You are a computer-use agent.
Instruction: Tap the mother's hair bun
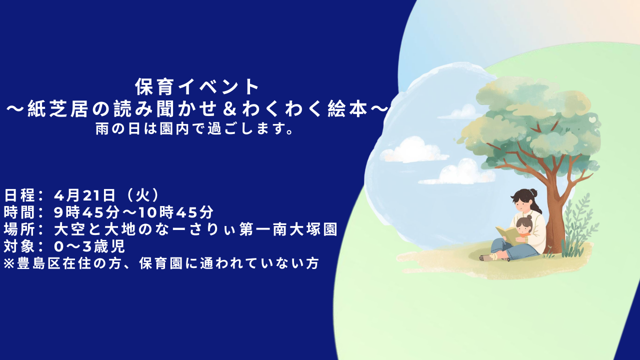pos(534,192)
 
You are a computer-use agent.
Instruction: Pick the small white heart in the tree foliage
pos(592,120)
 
